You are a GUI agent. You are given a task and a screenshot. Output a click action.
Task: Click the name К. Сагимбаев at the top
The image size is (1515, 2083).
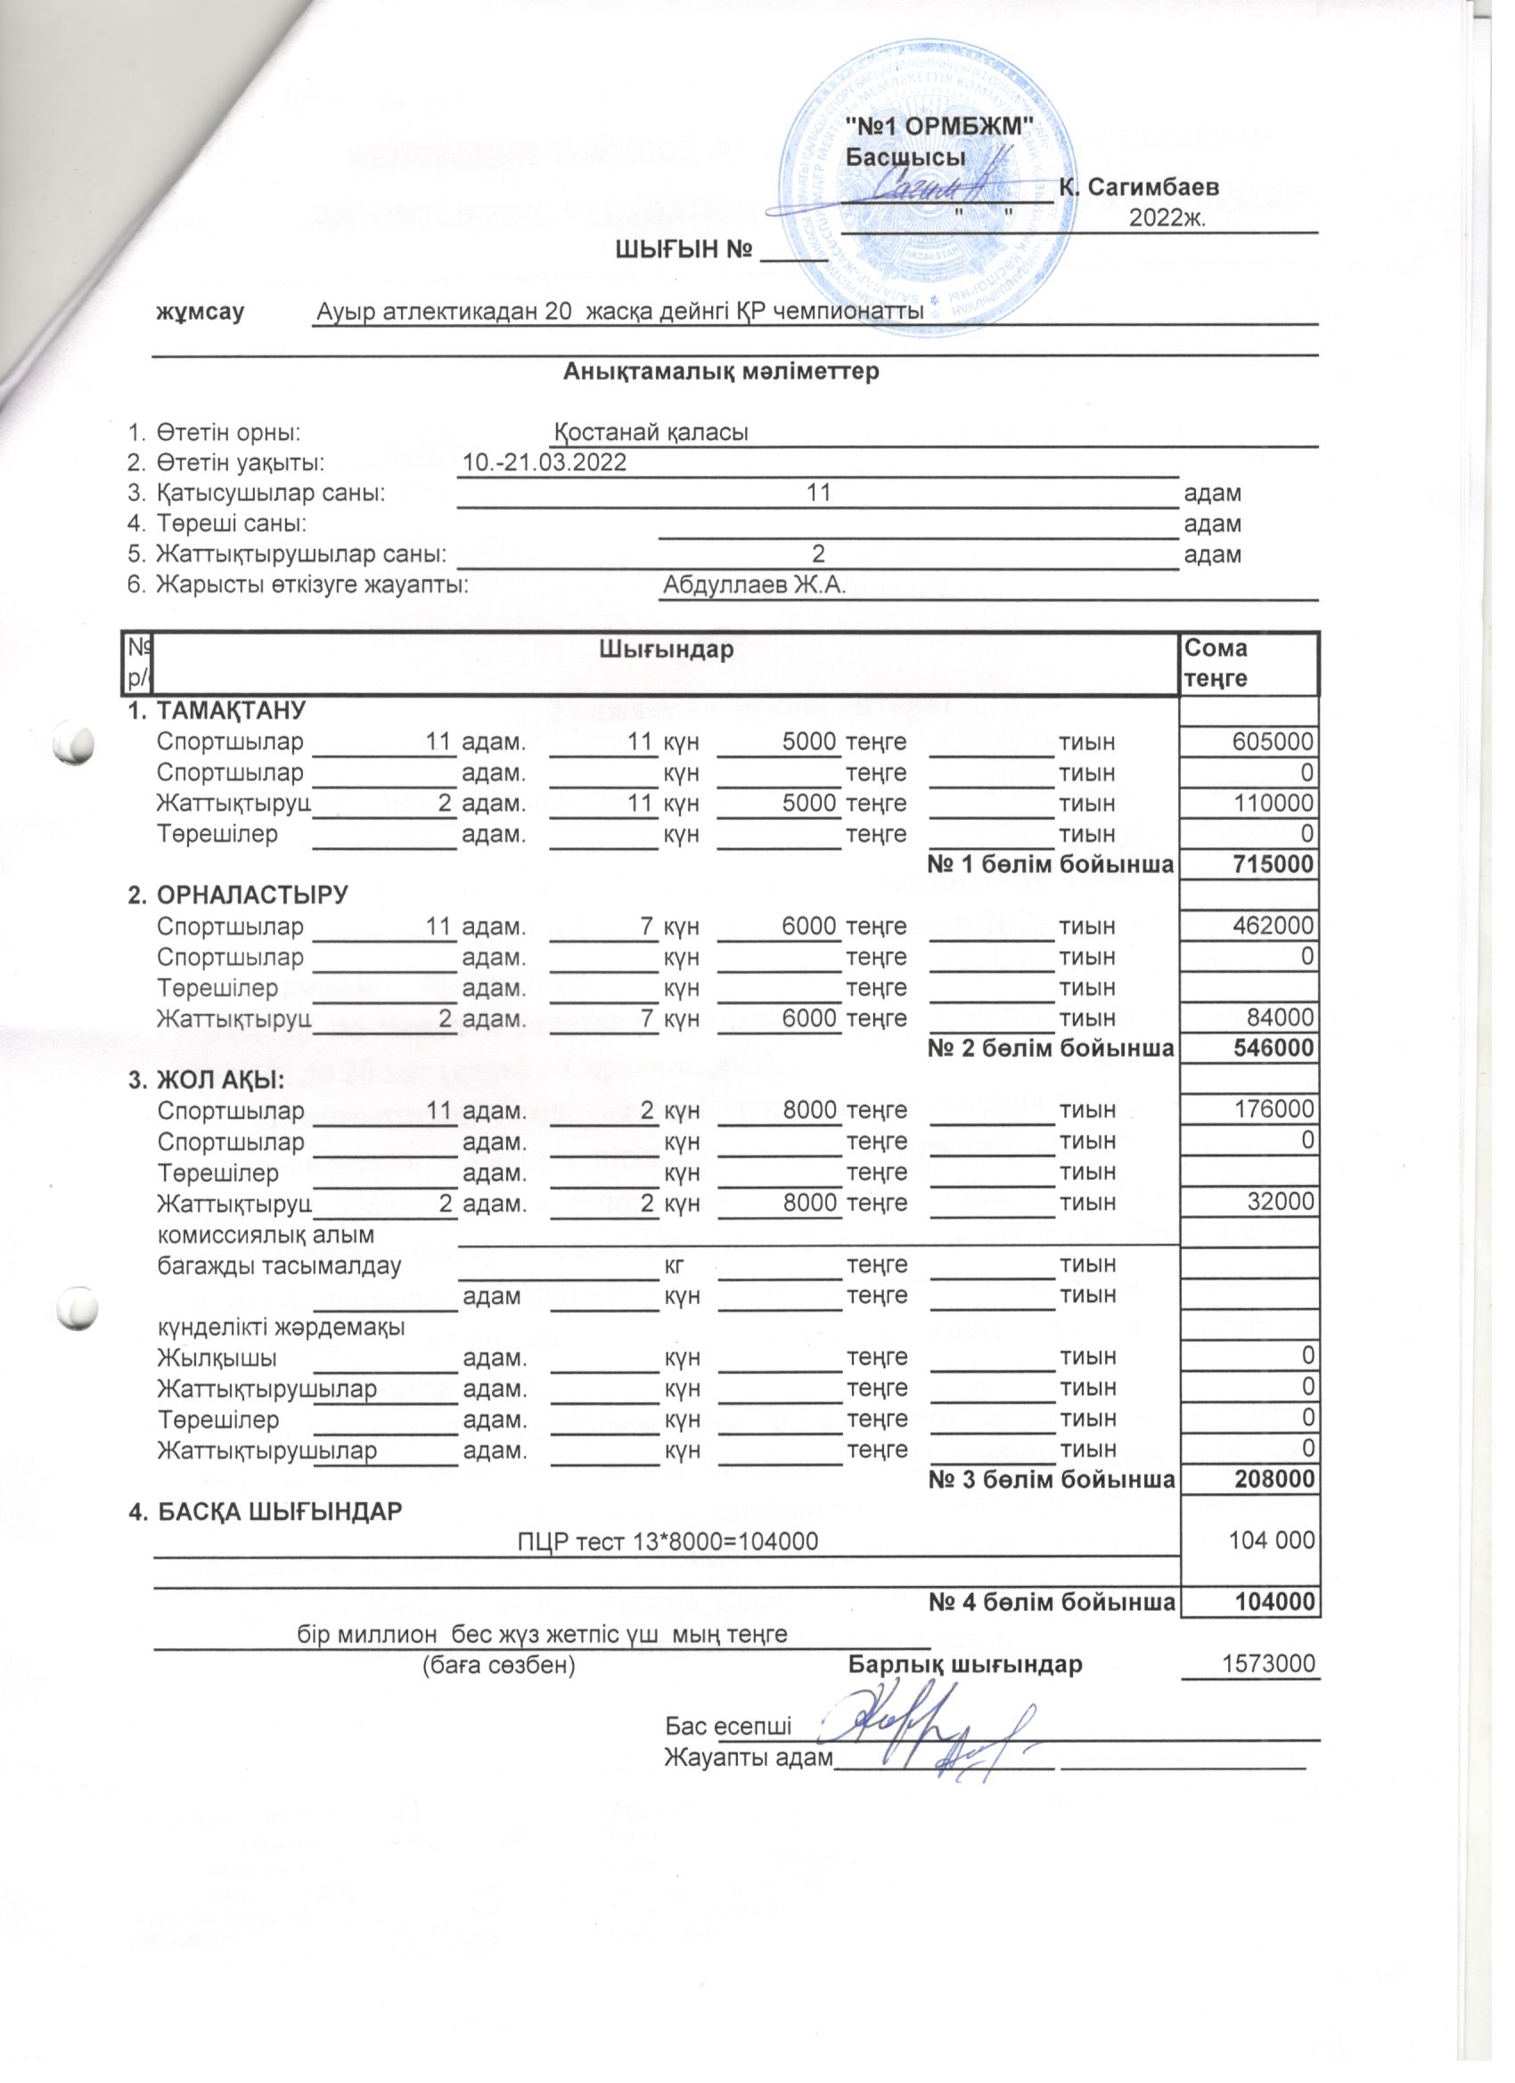click(1139, 187)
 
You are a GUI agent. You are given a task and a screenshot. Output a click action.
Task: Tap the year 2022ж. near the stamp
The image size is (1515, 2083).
click(1167, 218)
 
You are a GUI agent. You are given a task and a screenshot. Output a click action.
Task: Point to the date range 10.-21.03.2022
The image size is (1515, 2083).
click(545, 462)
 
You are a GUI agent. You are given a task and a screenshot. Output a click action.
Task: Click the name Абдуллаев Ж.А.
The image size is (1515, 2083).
click(753, 585)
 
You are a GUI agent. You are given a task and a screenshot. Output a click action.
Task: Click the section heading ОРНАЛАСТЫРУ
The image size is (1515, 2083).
click(253, 895)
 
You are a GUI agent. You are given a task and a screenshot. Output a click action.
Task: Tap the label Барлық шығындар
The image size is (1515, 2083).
click(964, 1664)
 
